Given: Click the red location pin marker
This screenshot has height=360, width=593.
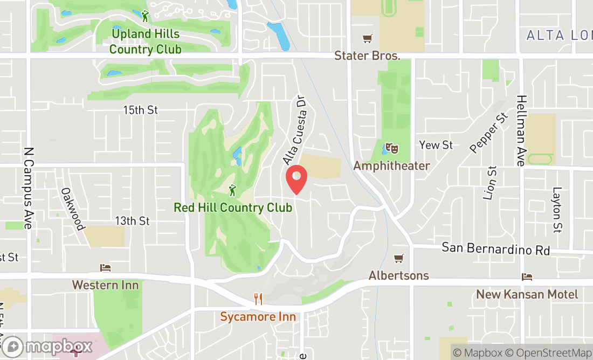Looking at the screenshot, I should [296, 179].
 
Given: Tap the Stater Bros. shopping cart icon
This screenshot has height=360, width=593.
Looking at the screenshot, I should [367, 39].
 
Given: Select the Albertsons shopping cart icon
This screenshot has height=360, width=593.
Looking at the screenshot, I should [398, 259].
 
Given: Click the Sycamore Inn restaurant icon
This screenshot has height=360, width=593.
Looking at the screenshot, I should [258, 299].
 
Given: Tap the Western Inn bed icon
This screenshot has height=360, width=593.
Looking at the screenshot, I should [106, 268].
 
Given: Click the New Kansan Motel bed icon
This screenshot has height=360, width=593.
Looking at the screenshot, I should [527, 277].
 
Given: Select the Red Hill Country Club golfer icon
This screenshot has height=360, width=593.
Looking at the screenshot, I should [232, 190].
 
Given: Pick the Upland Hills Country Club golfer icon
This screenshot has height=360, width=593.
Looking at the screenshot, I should [145, 16].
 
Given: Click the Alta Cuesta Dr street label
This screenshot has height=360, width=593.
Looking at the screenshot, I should [296, 131].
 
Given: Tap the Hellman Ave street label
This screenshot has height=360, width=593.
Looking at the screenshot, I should [521, 130].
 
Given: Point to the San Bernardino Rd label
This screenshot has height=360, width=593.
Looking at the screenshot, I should [495, 249].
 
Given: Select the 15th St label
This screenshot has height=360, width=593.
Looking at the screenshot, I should [140, 110].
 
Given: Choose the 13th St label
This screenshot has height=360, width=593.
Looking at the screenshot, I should [132, 221].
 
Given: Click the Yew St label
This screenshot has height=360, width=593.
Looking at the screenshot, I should [436, 145].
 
